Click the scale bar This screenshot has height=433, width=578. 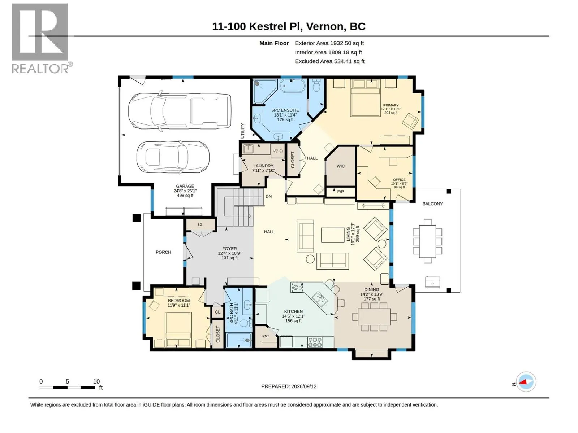click(68, 387)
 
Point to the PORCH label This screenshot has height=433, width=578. click(163, 252)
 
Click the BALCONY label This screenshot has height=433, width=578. click(432, 204)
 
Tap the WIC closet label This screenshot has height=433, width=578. click(341, 166)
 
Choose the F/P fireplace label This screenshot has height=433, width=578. click(341, 191)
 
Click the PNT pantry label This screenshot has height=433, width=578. click(266, 336)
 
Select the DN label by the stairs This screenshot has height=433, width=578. click(269, 196)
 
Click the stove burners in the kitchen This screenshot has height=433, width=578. click(315, 342)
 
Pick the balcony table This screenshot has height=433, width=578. click(428, 241)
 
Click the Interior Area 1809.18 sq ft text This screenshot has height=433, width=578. click(328, 52)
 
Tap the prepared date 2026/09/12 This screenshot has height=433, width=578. click(303, 386)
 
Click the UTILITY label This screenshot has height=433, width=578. click(242, 131)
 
